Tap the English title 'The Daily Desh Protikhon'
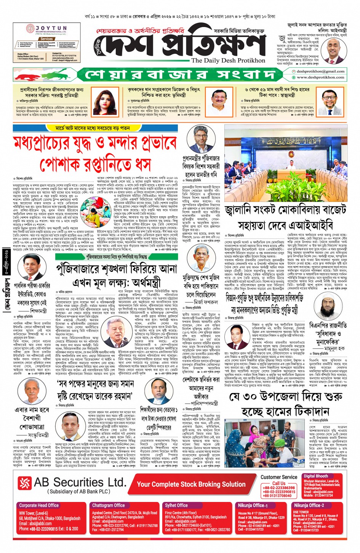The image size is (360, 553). coord(228,60)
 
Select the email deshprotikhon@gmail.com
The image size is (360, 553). coord(320,71)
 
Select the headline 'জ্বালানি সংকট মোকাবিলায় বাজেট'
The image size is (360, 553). coord(286,210)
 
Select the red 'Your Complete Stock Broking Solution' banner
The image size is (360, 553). coord(191,484)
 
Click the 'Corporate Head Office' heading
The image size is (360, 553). coord(39,505)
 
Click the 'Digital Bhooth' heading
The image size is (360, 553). coord(316,476)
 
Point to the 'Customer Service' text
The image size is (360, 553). coord(279,477)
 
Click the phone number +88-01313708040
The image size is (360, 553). coord(277,496)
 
